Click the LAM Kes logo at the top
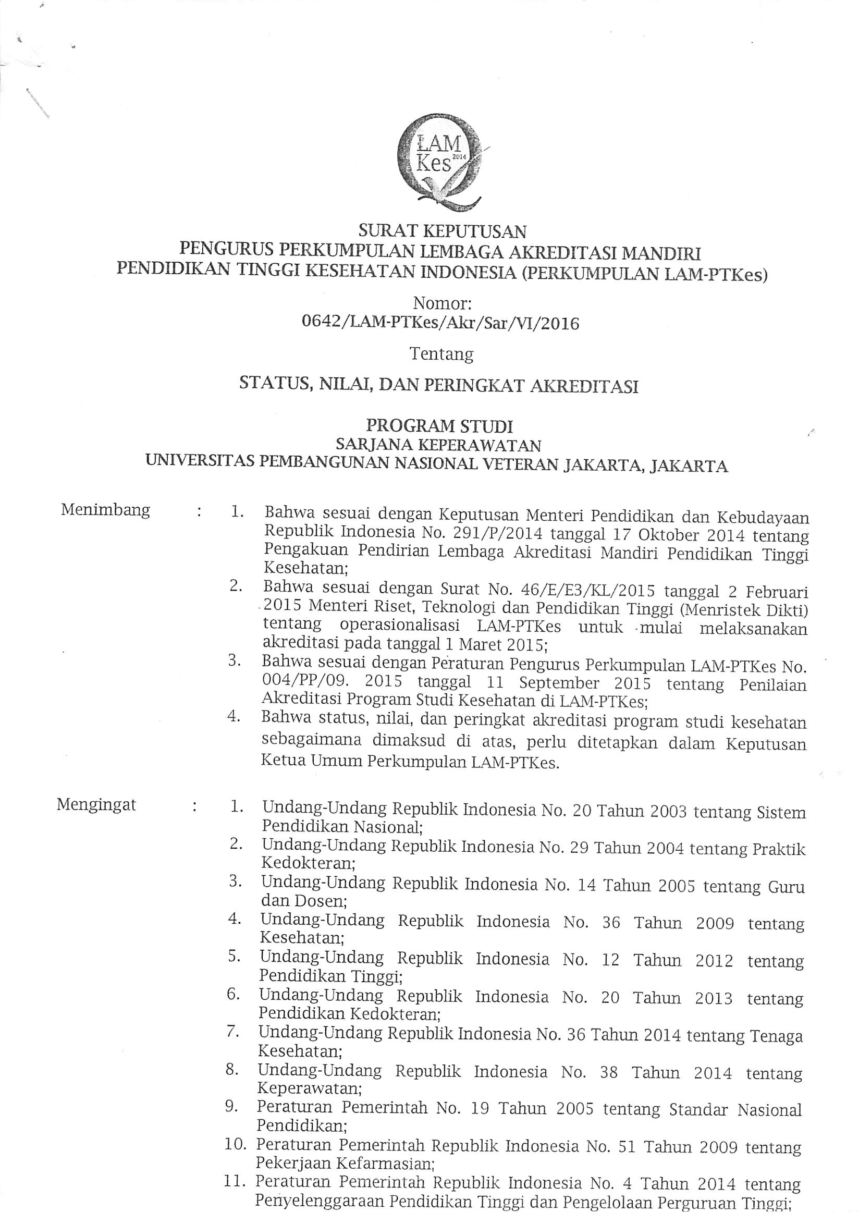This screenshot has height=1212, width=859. [x=439, y=162]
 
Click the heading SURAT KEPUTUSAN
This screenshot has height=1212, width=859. [x=442, y=230]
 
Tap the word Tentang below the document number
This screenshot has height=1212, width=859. [x=441, y=353]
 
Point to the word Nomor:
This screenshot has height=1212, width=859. [x=441, y=303]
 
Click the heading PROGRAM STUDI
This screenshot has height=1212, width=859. [x=439, y=425]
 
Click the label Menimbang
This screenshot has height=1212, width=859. [x=105, y=510]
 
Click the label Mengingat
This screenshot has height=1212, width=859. [x=96, y=805]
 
